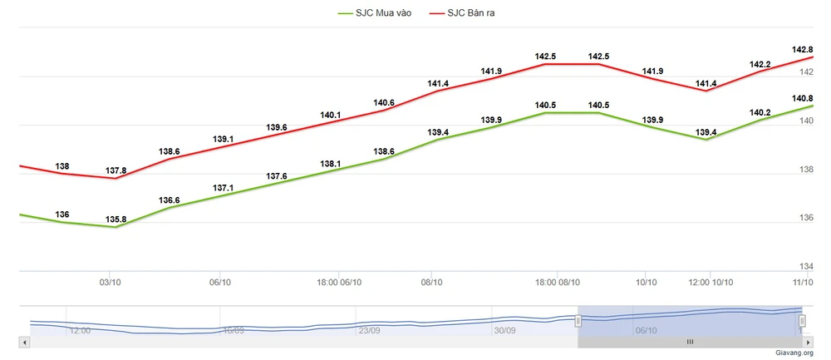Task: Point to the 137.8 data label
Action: coord(117,170)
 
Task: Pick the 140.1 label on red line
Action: coord(331,115)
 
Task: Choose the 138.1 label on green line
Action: coord(331,164)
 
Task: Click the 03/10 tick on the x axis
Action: coord(111,283)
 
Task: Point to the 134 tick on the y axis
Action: coord(806,266)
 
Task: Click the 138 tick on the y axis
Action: coord(806,170)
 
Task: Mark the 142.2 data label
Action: coord(760,64)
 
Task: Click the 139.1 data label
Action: coord(223,139)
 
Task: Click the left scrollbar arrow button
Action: coord(25,342)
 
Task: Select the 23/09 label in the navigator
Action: coord(369,330)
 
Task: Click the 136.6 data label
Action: coord(170,200)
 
